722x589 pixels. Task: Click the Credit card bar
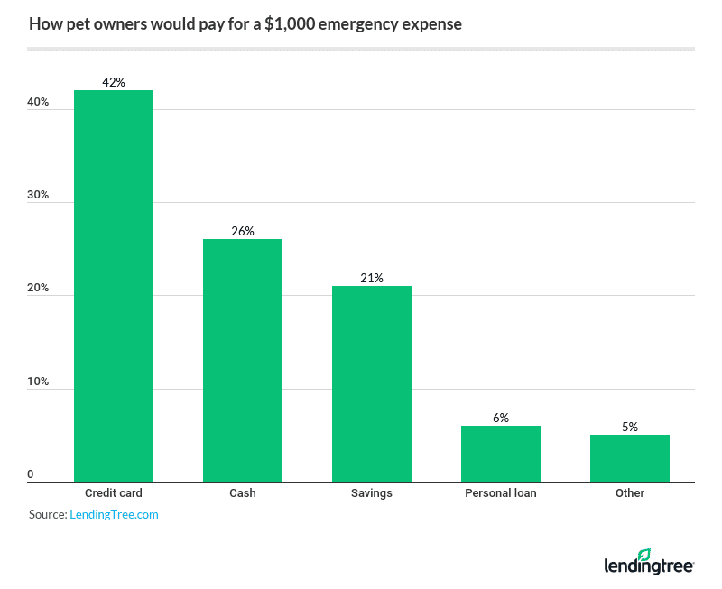tap(114, 286)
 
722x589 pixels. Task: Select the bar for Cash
tap(243, 360)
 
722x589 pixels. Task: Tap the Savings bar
tap(372, 383)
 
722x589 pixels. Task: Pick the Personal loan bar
tap(501, 454)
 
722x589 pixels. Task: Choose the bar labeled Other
tap(630, 458)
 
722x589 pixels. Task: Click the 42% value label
tap(114, 82)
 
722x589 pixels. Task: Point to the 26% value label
tap(243, 231)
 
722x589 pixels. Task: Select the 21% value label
tap(372, 278)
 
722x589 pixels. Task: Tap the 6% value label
tap(501, 418)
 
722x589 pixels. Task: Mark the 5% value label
tap(630, 427)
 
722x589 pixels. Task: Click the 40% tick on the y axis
tap(38, 102)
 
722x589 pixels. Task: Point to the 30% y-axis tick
tap(38, 196)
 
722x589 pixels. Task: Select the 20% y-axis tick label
tap(38, 289)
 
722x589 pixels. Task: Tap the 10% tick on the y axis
tap(38, 382)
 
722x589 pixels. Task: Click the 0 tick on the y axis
tap(31, 474)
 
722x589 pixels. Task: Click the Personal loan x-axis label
tap(501, 493)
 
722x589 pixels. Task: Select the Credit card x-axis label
tap(114, 493)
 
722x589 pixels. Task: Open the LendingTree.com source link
tap(115, 514)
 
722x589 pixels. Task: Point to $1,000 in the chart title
tap(293, 24)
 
